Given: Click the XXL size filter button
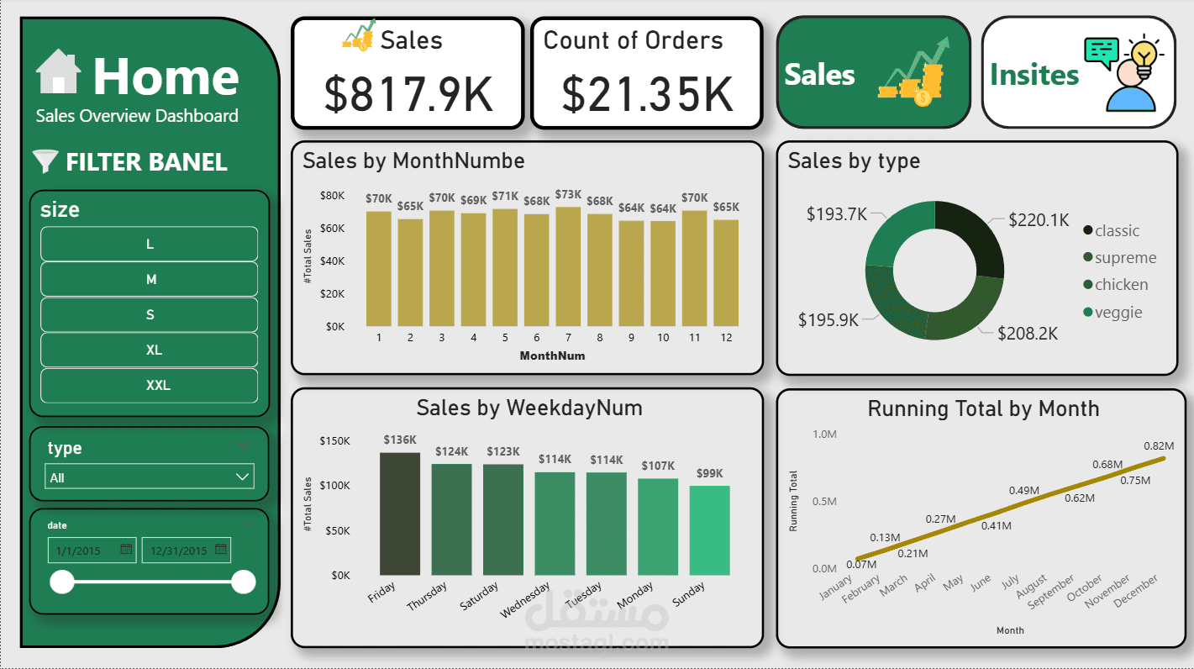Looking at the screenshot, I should click(x=149, y=386).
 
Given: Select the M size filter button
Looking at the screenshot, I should click(x=149, y=280).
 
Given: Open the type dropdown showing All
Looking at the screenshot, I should click(x=150, y=477).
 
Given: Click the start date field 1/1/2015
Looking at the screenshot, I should click(x=92, y=550).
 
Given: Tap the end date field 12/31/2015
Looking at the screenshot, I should click(x=186, y=550).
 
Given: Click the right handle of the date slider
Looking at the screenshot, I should click(x=243, y=582).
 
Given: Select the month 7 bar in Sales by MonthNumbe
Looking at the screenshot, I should click(x=568, y=266).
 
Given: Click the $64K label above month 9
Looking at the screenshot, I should click(x=631, y=208).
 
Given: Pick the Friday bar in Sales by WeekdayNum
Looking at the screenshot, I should click(x=400, y=514).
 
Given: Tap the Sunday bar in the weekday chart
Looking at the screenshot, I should click(x=709, y=530).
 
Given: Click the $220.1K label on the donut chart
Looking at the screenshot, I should click(x=1039, y=220).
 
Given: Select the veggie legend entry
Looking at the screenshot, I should click(x=1118, y=313).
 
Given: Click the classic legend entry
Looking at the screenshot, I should click(x=1116, y=231).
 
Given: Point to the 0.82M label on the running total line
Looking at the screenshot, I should click(x=1158, y=445).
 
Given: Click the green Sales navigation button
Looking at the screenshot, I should click(x=873, y=72).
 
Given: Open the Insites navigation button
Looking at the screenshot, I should click(x=1078, y=72).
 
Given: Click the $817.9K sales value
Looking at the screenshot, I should click(x=408, y=94).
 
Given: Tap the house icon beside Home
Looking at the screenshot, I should click(x=59, y=72).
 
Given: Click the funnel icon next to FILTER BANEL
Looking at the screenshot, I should click(x=45, y=161).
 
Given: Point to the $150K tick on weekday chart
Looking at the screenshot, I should click(x=334, y=440).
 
